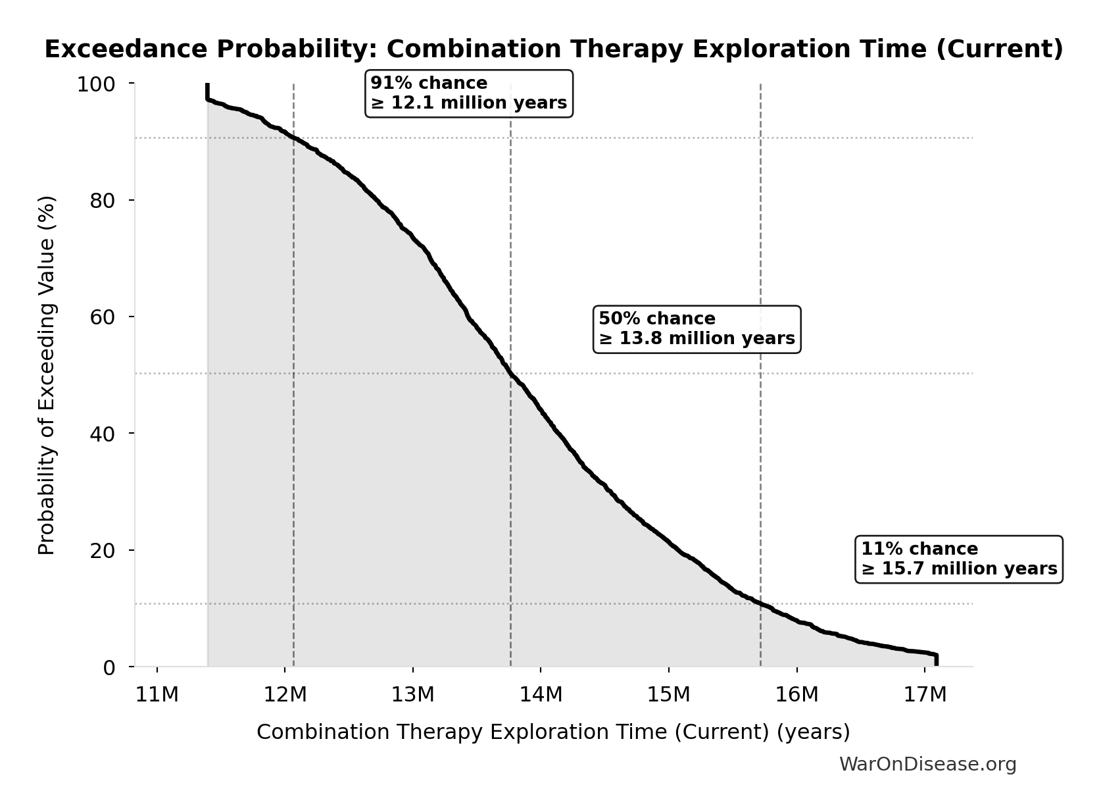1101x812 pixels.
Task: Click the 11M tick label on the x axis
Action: click(x=157, y=695)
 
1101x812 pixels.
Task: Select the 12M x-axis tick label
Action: click(x=285, y=695)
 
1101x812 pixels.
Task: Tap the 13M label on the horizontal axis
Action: click(x=413, y=695)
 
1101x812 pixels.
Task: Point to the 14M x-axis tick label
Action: click(x=541, y=695)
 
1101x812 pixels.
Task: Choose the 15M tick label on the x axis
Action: click(x=669, y=695)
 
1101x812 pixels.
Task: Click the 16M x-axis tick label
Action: click(x=797, y=695)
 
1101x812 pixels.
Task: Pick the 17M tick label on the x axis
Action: click(x=925, y=695)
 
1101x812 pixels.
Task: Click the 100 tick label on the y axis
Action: click(x=96, y=84)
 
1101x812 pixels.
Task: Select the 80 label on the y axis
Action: click(x=103, y=201)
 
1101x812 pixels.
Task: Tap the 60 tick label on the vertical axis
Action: click(x=103, y=317)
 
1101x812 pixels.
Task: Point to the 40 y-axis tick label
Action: click(x=103, y=434)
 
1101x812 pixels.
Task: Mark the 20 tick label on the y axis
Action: click(x=103, y=550)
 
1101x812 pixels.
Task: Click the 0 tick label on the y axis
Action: click(x=109, y=667)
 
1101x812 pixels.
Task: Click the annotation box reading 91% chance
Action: click(x=468, y=93)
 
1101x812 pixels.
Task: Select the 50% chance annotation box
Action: click(x=697, y=329)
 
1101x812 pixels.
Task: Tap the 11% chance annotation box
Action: click(x=958, y=559)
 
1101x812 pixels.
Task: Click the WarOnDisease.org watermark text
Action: click(x=927, y=765)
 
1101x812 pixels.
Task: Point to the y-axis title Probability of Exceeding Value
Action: click(x=47, y=375)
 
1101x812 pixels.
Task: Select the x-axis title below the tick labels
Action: click(x=552, y=732)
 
